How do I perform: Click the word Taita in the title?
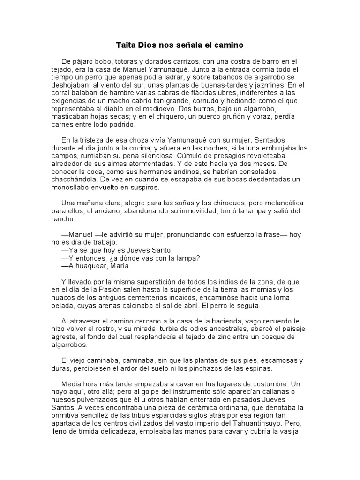click(125, 45)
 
